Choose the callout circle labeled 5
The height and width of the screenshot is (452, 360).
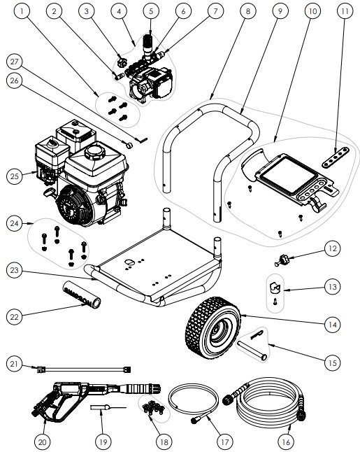pyautogui.click(x=150, y=12)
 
